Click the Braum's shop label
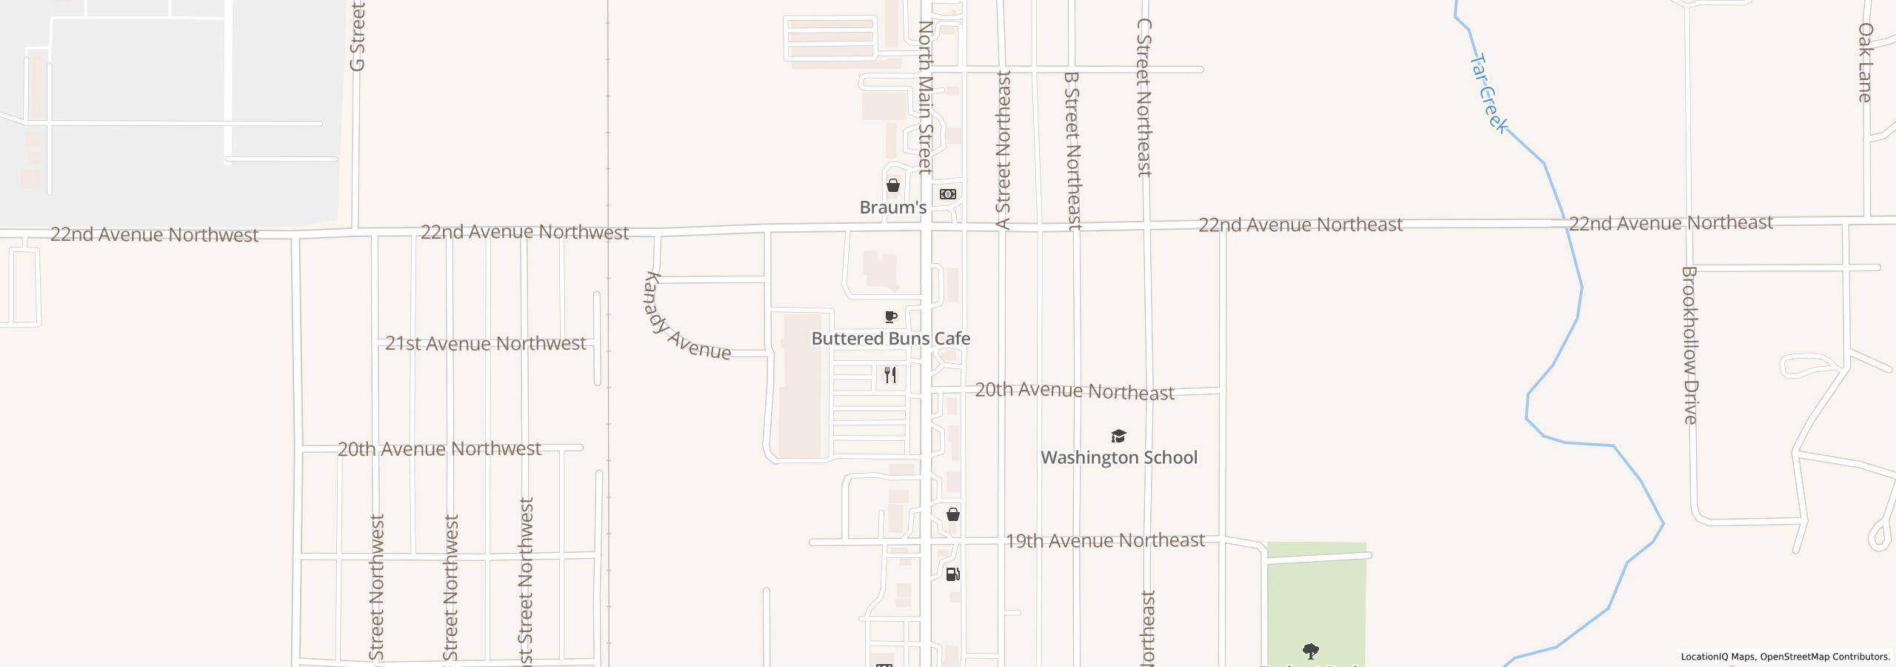892,208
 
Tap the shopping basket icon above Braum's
893,185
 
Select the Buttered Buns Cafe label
890,339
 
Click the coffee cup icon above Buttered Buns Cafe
891,317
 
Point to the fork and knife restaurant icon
890,375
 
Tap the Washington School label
1118,457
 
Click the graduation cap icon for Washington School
1118,436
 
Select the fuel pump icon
953,574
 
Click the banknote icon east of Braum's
947,194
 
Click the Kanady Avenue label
687,317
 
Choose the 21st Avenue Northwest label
485,344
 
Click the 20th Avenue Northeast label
1074,391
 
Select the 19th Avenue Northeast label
1104,541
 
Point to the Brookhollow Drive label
1689,345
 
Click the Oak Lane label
1865,62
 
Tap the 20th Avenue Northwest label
439,449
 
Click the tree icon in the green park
1310,651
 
